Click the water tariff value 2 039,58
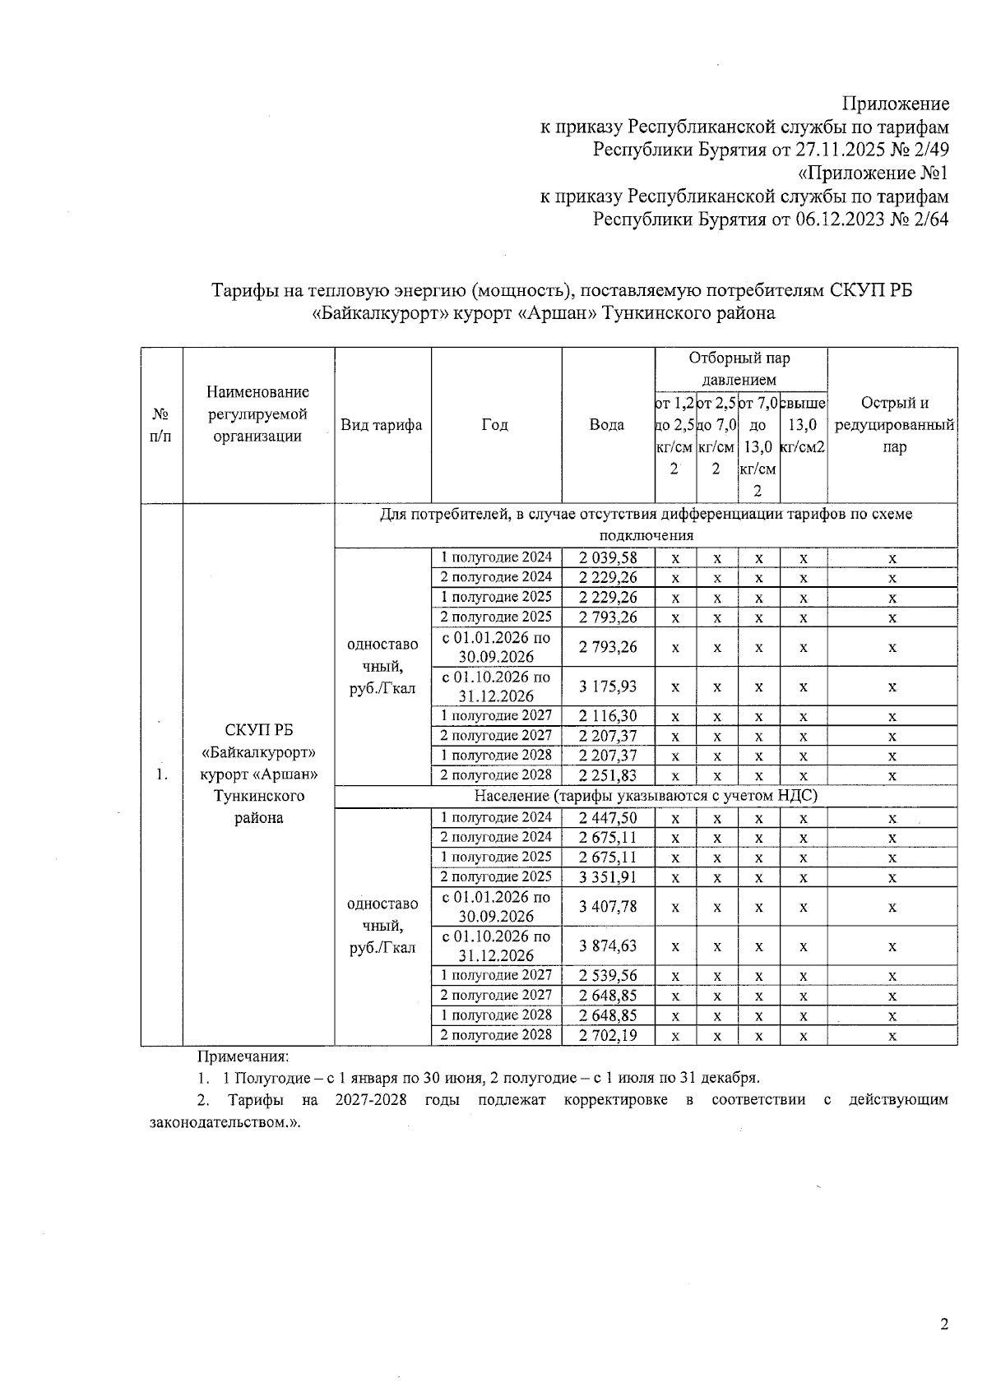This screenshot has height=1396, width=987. (x=608, y=557)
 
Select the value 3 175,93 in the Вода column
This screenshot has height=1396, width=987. (x=608, y=686)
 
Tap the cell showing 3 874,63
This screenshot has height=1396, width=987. (x=608, y=945)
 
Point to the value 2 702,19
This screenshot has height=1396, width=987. (x=608, y=1035)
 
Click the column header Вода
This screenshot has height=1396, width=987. (x=607, y=425)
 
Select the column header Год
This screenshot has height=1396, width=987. (x=495, y=425)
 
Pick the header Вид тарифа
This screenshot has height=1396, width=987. (x=382, y=425)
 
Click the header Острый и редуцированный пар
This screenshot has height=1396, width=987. (x=893, y=425)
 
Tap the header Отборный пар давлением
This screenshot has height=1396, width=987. (x=739, y=368)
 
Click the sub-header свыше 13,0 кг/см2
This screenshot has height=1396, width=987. (x=803, y=425)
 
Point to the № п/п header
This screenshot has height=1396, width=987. (x=161, y=425)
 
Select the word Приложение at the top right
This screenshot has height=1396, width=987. (x=896, y=104)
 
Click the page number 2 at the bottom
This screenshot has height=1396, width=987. (x=943, y=1324)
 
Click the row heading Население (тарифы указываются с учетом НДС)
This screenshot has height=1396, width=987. (x=646, y=796)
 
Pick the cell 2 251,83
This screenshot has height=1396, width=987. (x=608, y=775)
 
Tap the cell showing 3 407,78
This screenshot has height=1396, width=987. (x=608, y=906)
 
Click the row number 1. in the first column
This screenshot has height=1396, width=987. (x=161, y=775)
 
